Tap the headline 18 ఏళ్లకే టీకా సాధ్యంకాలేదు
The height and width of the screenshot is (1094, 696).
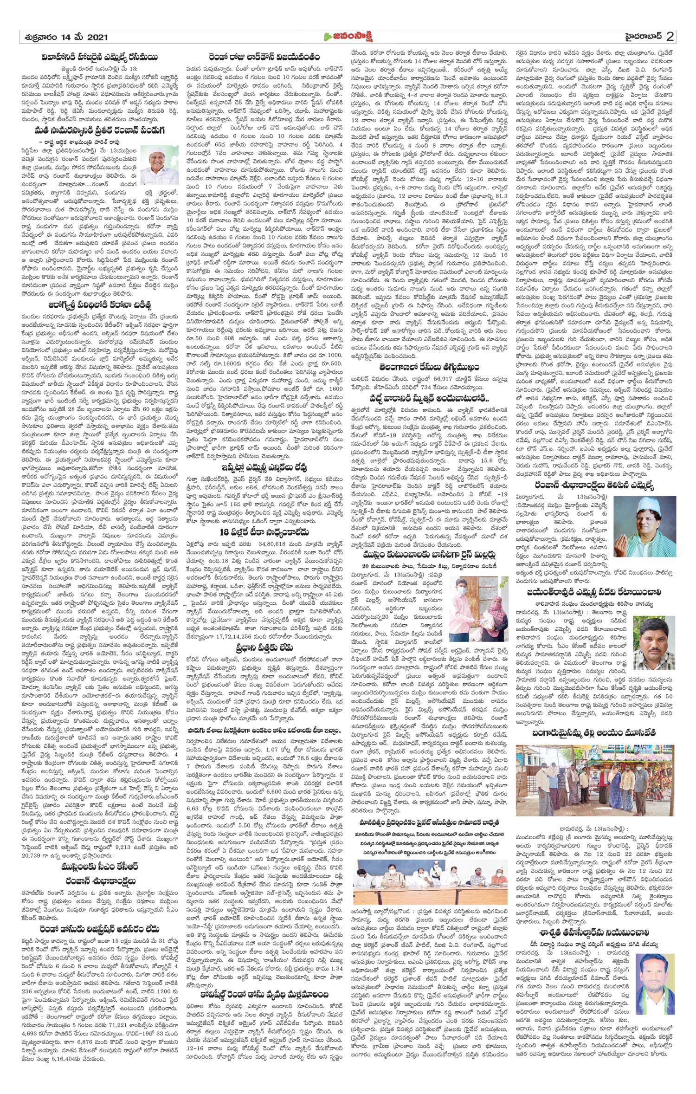[x=264, y=532]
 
